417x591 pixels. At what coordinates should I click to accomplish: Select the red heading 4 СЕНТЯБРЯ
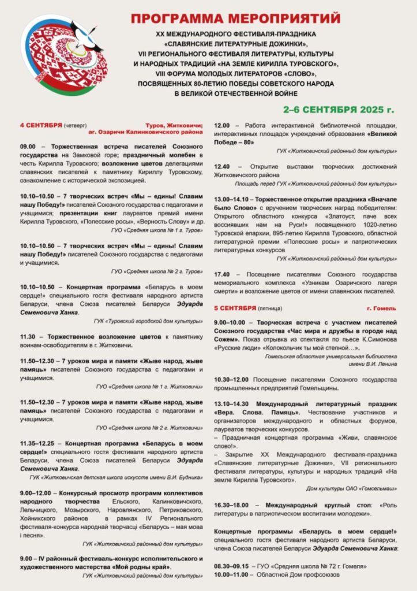[x=40, y=125]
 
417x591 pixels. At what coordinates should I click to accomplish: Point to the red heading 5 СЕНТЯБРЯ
[x=235, y=308]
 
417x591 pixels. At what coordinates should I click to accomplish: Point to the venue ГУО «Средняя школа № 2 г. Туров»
[x=157, y=271]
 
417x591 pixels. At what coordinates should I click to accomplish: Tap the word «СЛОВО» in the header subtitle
[x=288, y=73]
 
